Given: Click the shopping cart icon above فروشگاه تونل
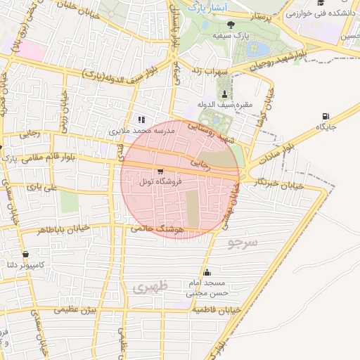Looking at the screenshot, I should click(x=161, y=171).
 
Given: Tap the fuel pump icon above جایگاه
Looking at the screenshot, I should click(x=325, y=116).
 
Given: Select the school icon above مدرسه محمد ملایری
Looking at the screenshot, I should click(x=141, y=120).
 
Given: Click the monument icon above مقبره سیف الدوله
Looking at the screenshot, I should click(x=224, y=95).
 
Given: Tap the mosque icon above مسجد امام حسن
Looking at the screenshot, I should click(x=207, y=273).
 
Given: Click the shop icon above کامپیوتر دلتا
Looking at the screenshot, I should click(x=26, y=254).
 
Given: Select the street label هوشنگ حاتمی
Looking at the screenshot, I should click(x=157, y=229).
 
